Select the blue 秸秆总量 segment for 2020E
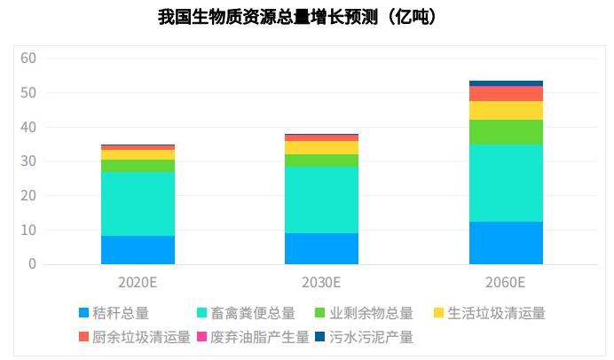[138, 250]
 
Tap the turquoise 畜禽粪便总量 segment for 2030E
[321, 200]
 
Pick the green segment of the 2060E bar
[506, 132]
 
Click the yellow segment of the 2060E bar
[506, 110]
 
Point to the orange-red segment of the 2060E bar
[506, 93]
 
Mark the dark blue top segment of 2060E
[506, 83]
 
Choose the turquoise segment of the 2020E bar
[138, 204]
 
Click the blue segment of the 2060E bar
[506, 243]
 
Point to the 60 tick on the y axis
[28, 59]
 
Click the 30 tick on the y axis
[28, 161]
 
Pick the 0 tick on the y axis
[32, 264]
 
